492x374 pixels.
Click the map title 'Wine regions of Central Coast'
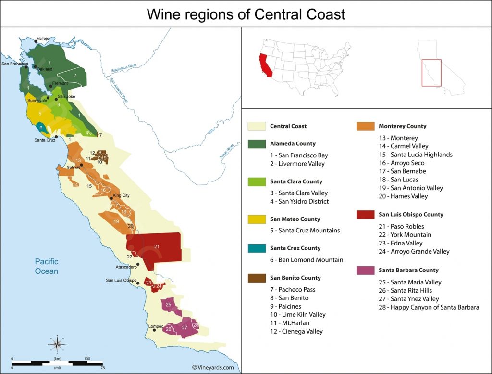click(x=246, y=14)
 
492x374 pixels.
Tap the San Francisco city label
click(x=15, y=64)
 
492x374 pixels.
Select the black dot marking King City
click(x=111, y=198)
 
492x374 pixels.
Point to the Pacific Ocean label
click(x=47, y=266)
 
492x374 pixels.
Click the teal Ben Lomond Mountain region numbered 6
click(x=41, y=128)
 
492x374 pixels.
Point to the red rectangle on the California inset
click(x=431, y=73)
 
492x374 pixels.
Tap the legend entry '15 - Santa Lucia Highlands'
click(x=416, y=155)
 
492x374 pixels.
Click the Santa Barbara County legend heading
click(x=408, y=270)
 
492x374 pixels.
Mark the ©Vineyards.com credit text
click(x=213, y=367)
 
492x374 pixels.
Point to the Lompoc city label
click(x=156, y=326)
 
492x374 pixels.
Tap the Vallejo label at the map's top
click(x=43, y=38)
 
